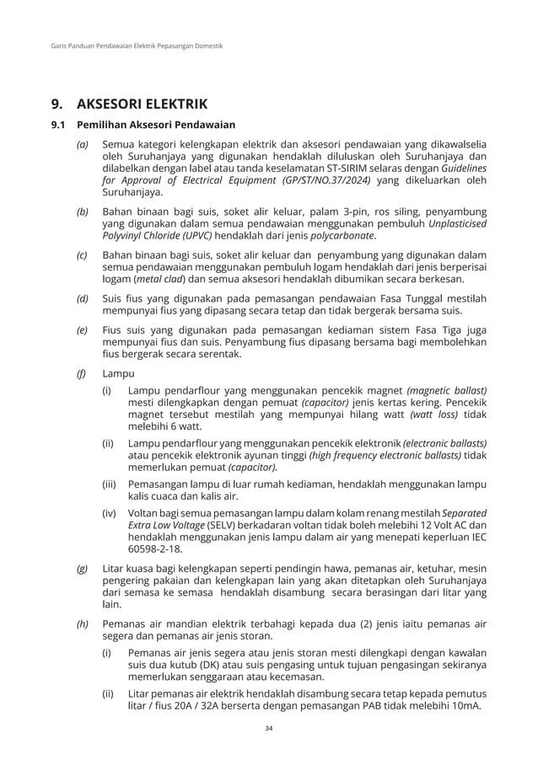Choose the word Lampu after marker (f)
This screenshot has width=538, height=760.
[113, 372]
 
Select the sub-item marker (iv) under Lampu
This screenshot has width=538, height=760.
[110, 513]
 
